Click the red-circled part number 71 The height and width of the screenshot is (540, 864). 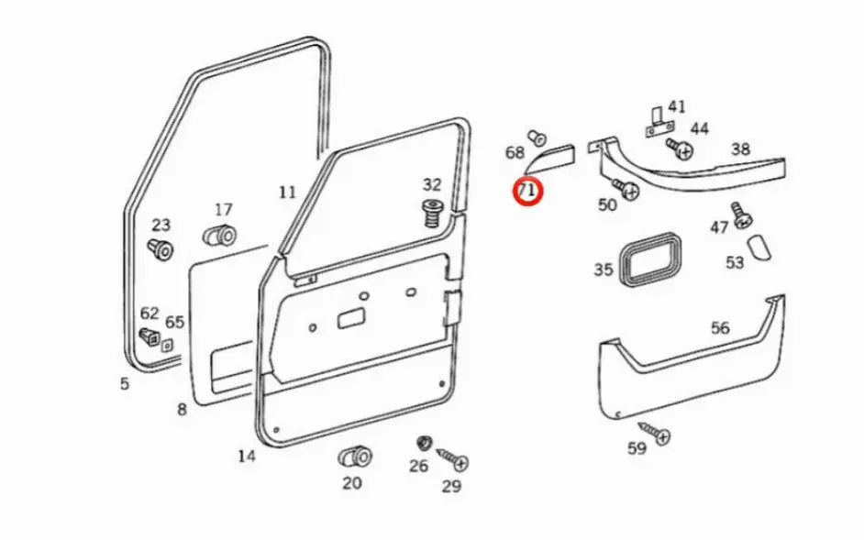tap(528, 191)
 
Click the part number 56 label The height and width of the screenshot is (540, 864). tap(720, 327)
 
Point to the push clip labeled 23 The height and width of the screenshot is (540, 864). tap(161, 248)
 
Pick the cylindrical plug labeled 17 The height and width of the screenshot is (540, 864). tap(219, 236)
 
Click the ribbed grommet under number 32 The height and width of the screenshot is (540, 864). tap(431, 217)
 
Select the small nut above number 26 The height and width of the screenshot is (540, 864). tap(423, 444)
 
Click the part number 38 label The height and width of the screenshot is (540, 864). tap(740, 149)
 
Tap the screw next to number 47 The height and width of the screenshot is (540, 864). tap(742, 215)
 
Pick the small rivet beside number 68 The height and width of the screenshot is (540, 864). tap(537, 138)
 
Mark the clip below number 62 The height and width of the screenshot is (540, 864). tap(147, 336)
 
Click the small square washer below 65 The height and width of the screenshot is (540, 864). tap(167, 346)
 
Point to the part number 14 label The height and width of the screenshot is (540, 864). tap(246, 456)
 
